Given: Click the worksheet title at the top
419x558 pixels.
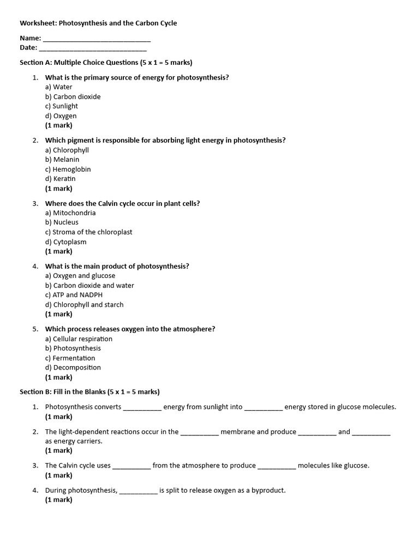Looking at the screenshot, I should coord(98,23).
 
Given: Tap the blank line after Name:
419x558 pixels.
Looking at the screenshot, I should coord(97,39).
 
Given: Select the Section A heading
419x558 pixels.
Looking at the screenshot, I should coord(106,62).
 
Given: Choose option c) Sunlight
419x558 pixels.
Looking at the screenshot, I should coord(62,106).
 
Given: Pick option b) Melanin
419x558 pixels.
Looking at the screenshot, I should coord(62,160).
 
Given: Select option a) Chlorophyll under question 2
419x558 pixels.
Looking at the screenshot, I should coord(67,150).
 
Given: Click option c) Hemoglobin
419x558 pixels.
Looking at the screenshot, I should coord(68,169).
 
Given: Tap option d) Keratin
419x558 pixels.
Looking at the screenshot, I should coord(61,179).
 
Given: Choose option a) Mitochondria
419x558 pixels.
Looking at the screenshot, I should coord(70,213).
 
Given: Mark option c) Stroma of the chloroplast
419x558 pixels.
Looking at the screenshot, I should coord(88,232).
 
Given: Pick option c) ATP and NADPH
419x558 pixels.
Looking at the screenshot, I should coord(74,295).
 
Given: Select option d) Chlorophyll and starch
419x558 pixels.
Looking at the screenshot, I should coord(85,305).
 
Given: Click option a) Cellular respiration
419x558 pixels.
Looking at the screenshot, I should coord(79,339).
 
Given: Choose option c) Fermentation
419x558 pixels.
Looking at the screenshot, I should coord(70,358).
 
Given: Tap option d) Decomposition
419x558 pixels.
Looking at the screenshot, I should coord(73,367).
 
